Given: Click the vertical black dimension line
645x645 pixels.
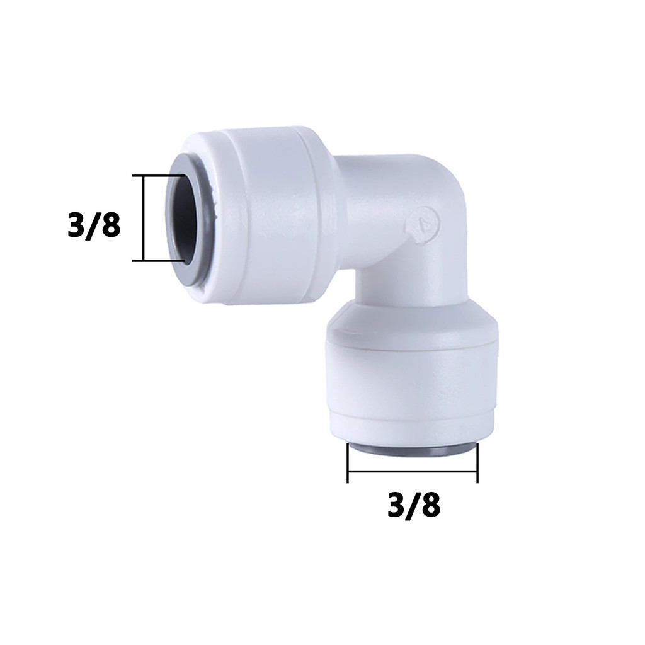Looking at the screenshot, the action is coord(143,218).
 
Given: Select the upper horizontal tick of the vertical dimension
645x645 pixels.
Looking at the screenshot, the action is coord(158,176).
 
